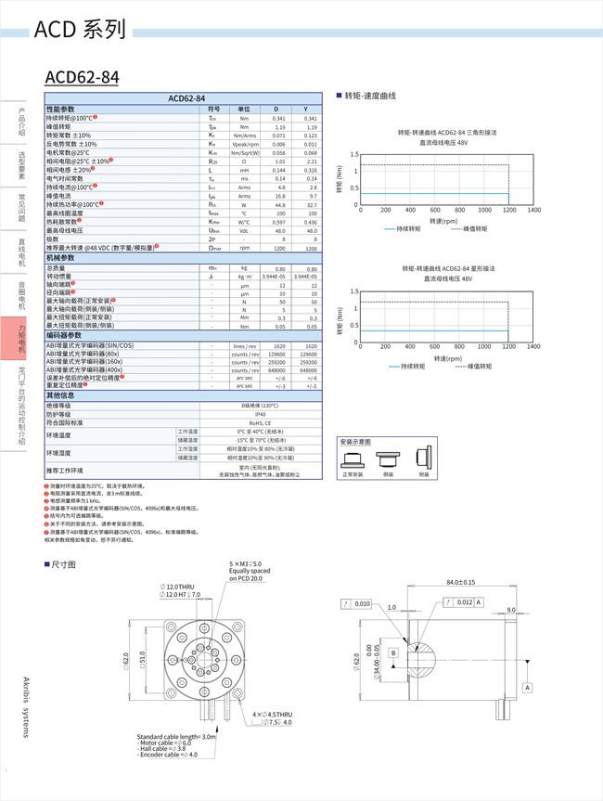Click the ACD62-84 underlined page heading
pos(82,78)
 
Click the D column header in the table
pos(279,109)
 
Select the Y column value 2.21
pos(311,161)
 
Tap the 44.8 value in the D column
pos(279,204)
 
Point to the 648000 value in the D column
pos(277,368)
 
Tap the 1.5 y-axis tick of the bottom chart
pos(354,291)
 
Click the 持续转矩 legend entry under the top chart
pos(402,228)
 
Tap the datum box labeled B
pos(393,653)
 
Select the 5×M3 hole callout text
pos(246,563)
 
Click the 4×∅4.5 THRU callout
pos(272,714)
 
